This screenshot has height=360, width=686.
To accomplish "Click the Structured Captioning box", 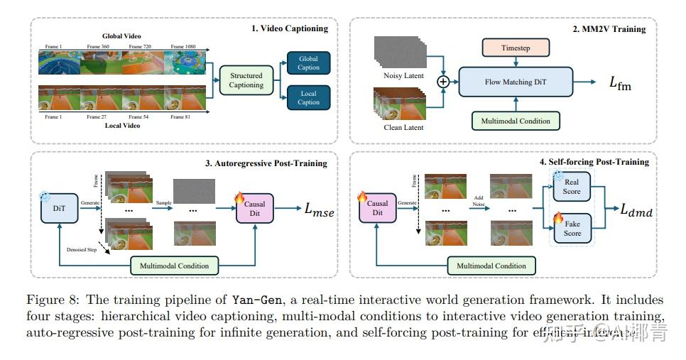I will (x=246, y=80).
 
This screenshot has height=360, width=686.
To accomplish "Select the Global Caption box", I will (x=308, y=62).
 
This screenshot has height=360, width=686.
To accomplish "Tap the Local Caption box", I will (x=308, y=97).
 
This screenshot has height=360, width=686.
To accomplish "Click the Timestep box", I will (x=516, y=48).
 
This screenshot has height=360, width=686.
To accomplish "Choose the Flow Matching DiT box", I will (x=516, y=82).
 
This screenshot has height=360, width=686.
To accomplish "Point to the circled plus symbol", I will (x=444, y=82).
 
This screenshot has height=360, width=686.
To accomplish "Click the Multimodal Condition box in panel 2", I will (x=516, y=121).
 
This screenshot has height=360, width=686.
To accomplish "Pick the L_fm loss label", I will (x=619, y=82).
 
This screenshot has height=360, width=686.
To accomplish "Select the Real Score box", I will (x=572, y=187).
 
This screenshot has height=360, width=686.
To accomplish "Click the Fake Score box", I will (x=572, y=229).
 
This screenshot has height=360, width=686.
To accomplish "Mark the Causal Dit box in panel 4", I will (x=377, y=208).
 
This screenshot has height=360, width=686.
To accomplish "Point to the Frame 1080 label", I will (x=182, y=46).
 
